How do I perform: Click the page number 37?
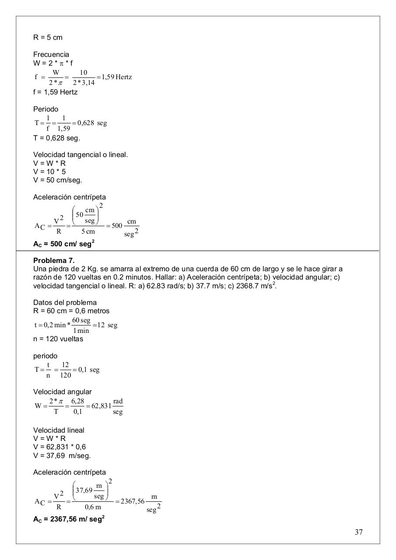(358, 532)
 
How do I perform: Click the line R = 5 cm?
(48, 38)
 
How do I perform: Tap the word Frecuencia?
(51, 55)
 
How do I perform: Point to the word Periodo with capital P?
(46, 109)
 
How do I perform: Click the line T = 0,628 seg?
(56, 138)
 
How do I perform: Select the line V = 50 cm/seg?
(57, 180)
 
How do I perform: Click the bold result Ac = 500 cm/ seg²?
(64, 244)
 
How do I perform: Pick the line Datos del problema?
(65, 303)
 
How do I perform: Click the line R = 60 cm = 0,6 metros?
(71, 311)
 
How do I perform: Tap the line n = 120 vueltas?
(58, 339)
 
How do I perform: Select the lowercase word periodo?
(45, 356)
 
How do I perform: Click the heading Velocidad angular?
(63, 392)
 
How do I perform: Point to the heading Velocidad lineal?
(59, 430)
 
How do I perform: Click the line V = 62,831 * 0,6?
(60, 447)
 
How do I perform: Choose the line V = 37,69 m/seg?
(62, 456)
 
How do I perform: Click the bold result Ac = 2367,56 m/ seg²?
(69, 519)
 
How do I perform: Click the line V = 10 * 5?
(49, 172)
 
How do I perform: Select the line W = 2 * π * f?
(53, 63)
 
